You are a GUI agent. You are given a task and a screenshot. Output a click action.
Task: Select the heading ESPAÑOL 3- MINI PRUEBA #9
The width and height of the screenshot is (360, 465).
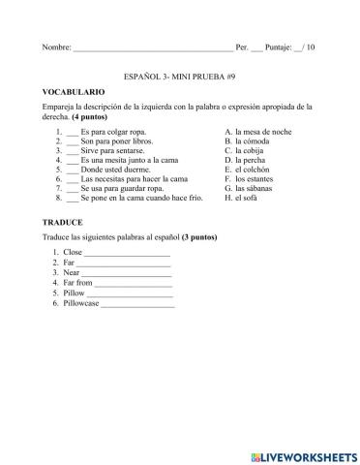coord(180,74)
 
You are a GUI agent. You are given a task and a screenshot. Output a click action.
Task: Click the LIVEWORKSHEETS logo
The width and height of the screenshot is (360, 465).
coord(301,452)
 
